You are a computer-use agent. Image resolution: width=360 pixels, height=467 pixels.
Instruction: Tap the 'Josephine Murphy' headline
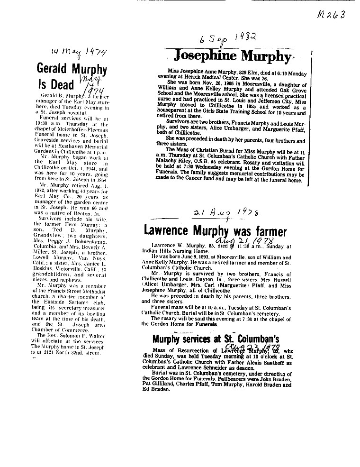[231, 55]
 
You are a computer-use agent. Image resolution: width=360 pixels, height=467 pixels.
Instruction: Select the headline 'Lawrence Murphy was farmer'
[215, 231]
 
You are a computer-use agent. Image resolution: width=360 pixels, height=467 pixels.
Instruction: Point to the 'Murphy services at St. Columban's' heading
[216, 339]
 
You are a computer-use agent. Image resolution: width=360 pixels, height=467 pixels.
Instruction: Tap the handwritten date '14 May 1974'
[79, 51]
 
